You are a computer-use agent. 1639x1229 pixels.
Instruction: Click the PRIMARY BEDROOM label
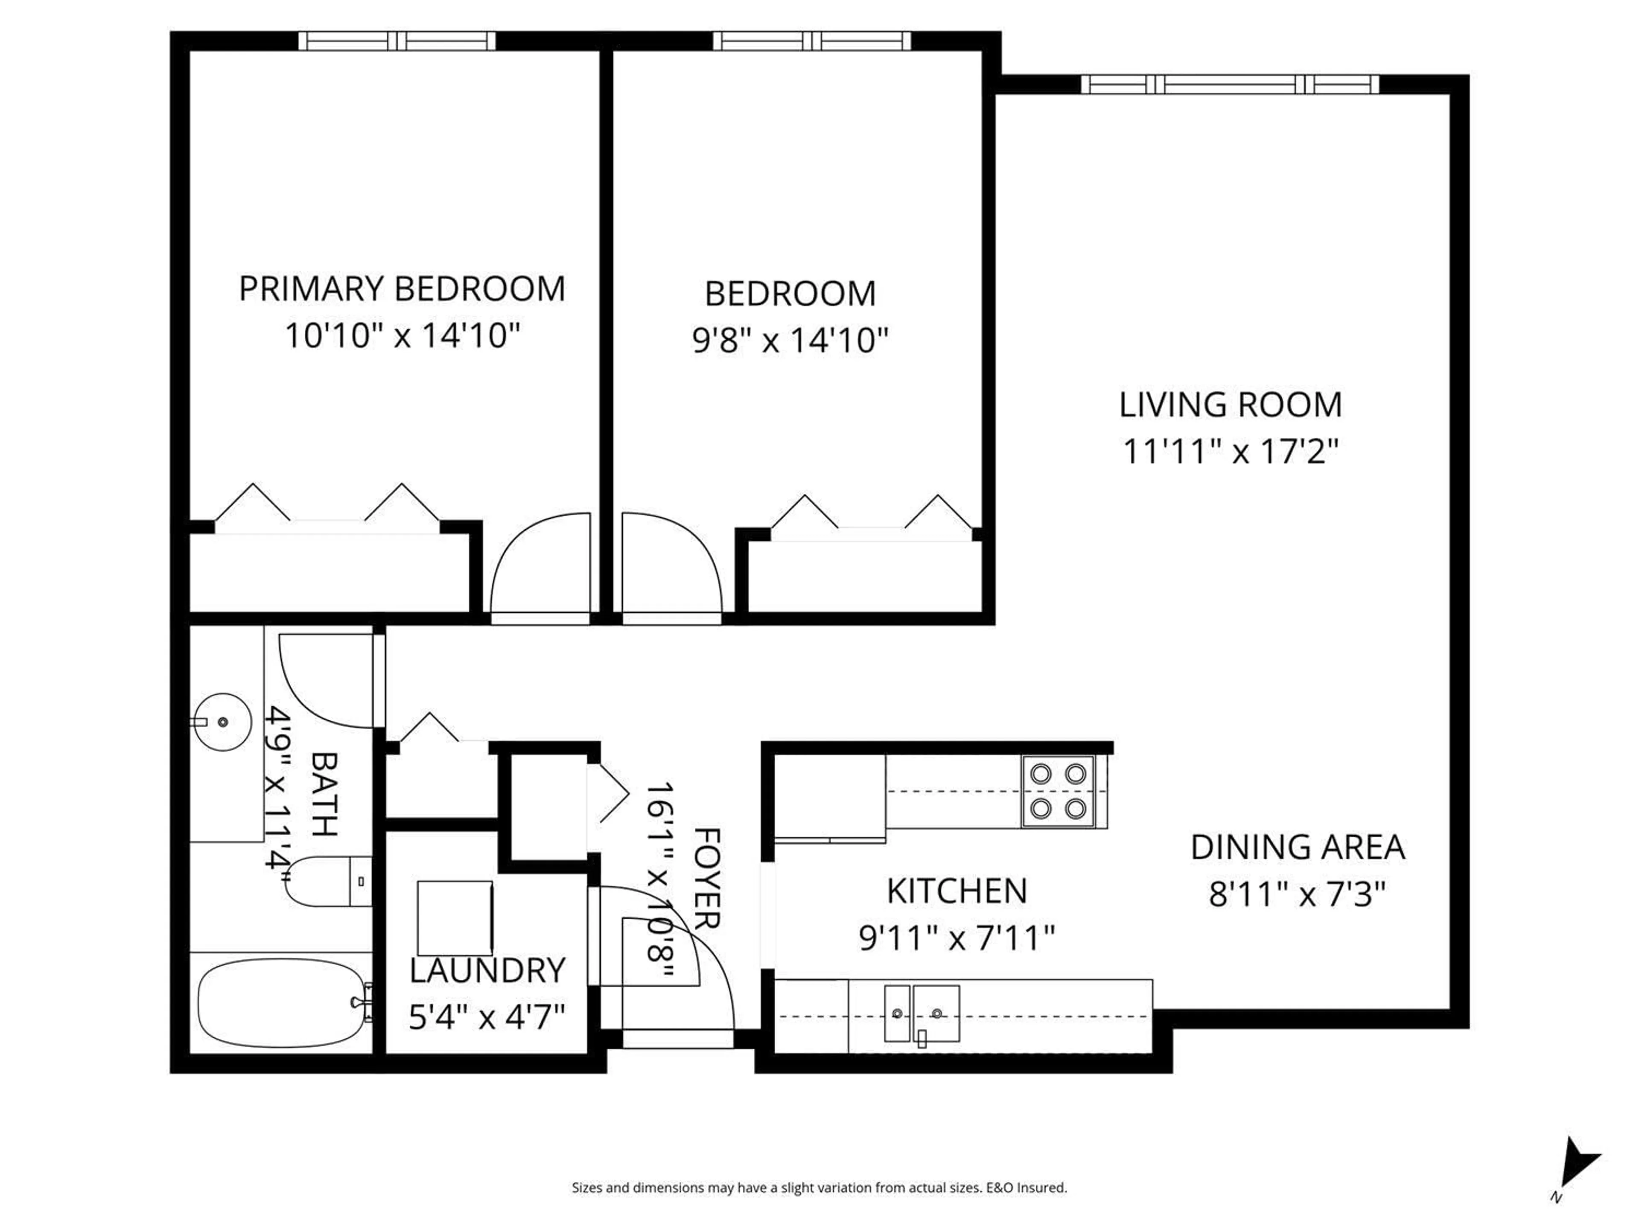click(x=402, y=289)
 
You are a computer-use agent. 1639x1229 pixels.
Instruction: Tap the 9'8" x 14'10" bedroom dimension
click(x=790, y=341)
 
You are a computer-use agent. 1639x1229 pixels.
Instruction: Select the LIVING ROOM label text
click(x=1230, y=405)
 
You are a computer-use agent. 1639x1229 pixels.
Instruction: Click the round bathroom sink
click(x=222, y=722)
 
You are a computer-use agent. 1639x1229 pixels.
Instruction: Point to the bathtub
click(x=282, y=1003)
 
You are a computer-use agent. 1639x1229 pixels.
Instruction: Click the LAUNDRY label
click(x=487, y=970)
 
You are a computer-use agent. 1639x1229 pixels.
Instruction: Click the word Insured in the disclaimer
click(x=1043, y=1188)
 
